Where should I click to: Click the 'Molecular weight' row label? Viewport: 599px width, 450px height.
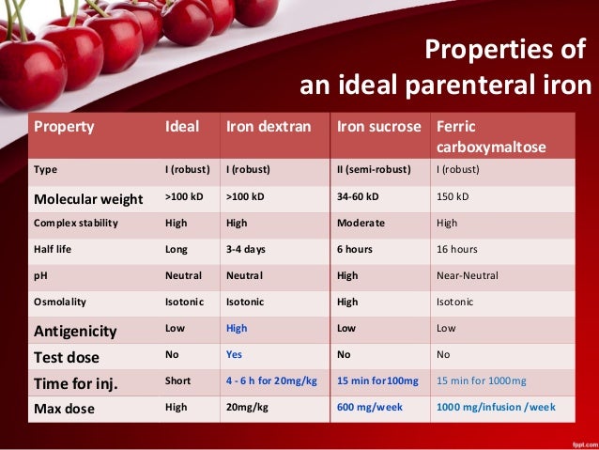(x=88, y=199)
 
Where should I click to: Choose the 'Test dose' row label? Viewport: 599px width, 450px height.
(x=68, y=356)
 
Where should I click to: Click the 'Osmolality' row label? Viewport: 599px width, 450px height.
(x=61, y=303)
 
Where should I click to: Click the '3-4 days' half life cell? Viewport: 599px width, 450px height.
(x=246, y=250)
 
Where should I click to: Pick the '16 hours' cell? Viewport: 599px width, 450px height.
(x=457, y=250)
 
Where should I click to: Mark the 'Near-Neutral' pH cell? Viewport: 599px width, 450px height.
(x=468, y=276)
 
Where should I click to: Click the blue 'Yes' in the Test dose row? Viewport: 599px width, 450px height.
(x=235, y=356)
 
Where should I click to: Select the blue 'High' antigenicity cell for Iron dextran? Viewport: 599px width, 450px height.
(x=237, y=329)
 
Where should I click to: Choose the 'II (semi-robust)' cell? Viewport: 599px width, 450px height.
(x=372, y=171)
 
